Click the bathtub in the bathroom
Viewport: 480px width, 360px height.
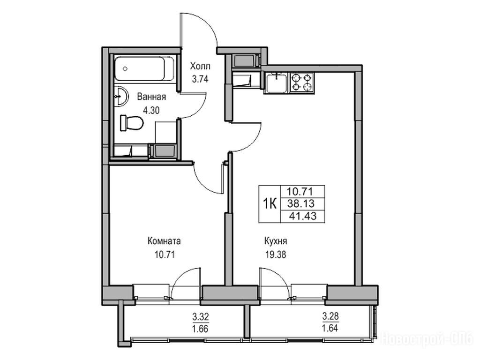(x=145, y=69)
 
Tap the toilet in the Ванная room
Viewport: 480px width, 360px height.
(x=132, y=123)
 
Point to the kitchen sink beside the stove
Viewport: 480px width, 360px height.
(x=277, y=82)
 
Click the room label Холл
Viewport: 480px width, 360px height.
(x=200, y=66)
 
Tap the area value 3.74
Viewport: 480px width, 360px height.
(x=200, y=79)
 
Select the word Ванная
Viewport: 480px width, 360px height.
(x=151, y=97)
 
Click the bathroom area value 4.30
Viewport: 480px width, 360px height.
(x=151, y=110)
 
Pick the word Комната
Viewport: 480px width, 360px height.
(x=164, y=241)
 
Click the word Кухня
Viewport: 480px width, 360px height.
(x=276, y=241)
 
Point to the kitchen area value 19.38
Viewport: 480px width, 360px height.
(x=276, y=254)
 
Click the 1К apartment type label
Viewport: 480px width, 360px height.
(x=270, y=203)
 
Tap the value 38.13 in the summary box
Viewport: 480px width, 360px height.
(x=301, y=203)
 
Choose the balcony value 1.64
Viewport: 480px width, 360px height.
(x=330, y=329)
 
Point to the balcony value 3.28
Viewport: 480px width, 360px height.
(x=330, y=315)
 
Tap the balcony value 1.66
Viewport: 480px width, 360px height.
(x=201, y=329)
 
